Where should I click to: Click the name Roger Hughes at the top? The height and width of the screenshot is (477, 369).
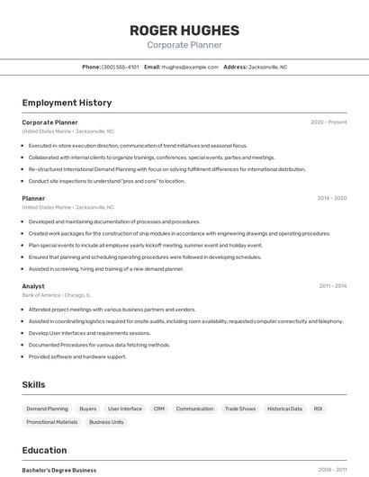point(184,30)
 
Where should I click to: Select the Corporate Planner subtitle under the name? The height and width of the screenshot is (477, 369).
point(184,45)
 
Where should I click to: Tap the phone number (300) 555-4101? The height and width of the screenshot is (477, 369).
point(121,67)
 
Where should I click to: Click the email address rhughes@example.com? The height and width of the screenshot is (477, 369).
point(190,67)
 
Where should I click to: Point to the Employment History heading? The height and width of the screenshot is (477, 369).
point(67,103)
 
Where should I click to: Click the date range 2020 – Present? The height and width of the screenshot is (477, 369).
point(328,122)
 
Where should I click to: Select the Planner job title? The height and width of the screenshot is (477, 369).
point(33,198)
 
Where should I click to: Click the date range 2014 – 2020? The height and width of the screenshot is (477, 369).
point(331,198)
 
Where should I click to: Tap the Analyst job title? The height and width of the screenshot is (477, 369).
point(33,286)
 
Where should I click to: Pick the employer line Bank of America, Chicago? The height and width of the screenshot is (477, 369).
point(56,295)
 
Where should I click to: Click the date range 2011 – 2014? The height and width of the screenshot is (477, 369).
point(332,286)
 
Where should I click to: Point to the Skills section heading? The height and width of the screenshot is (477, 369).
point(33,385)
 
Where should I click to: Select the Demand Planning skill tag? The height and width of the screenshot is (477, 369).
point(47,409)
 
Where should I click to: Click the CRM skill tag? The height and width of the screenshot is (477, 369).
point(159,409)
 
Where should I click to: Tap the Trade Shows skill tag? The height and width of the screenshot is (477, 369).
point(240,409)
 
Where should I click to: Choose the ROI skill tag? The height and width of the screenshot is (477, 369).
point(318,409)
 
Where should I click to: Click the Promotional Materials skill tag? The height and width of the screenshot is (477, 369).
point(52,422)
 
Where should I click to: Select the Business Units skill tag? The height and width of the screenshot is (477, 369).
point(106,422)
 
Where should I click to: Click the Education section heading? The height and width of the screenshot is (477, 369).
point(44,450)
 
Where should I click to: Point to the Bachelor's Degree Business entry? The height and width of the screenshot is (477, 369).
point(59,470)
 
